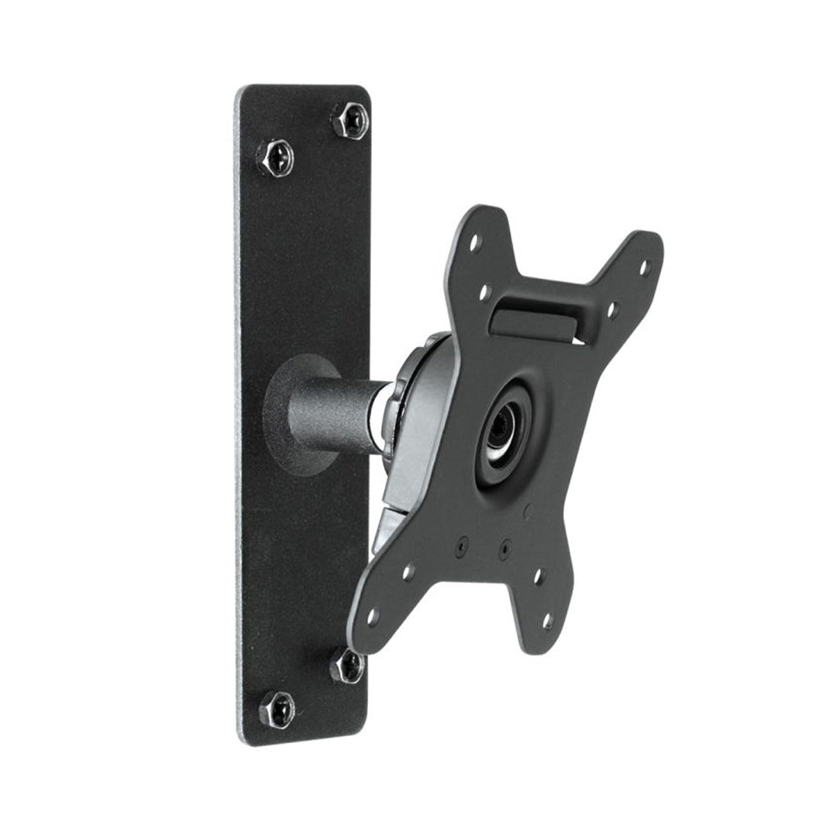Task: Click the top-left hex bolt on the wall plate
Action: click(276, 159)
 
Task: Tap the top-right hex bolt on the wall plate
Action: click(351, 120)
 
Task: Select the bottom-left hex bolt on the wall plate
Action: click(277, 709)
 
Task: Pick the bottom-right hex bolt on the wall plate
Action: click(347, 665)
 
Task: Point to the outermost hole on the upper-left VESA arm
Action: click(475, 243)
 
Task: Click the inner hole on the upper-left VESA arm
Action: click(484, 292)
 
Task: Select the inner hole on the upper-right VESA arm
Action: click(610, 310)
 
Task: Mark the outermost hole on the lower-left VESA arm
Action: click(373, 616)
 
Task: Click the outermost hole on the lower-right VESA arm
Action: click(547, 621)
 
